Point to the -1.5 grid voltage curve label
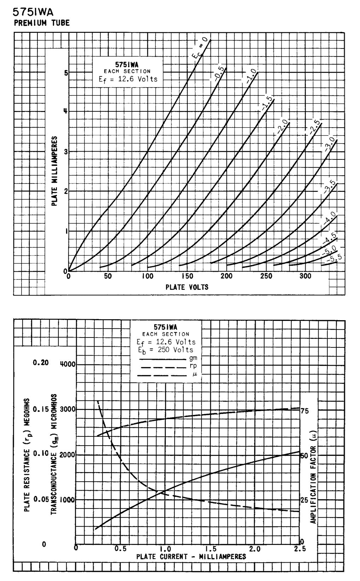click(266, 104)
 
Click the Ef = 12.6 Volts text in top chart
click(128, 79)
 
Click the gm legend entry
click(193, 358)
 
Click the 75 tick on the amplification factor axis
click(304, 411)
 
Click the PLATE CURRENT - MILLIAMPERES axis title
click(191, 557)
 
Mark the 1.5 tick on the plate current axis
click(210, 549)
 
